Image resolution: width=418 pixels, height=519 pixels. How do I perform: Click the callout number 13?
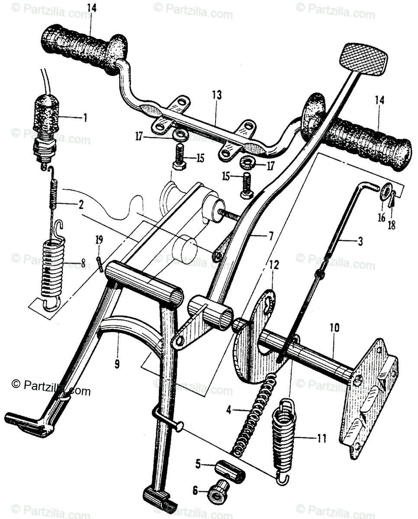[x=217, y=95]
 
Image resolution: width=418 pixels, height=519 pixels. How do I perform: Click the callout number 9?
[x=116, y=364]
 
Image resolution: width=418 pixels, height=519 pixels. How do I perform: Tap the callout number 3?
[x=360, y=242]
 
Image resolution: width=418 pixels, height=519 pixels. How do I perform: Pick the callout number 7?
[x=271, y=236]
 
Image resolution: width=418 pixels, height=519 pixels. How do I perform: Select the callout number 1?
[x=85, y=118]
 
